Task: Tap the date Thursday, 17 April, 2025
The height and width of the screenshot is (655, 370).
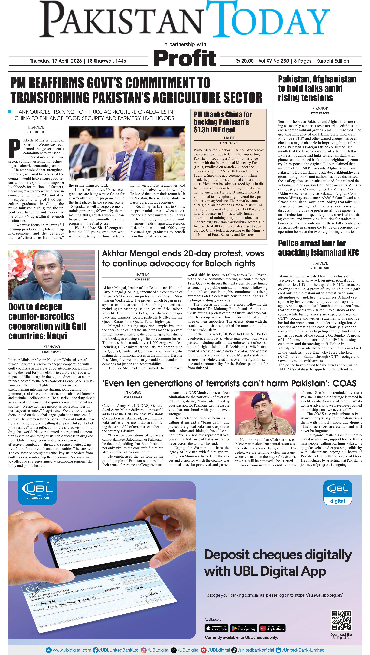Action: point(56,61)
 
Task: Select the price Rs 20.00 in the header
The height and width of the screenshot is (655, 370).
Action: point(244,61)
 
